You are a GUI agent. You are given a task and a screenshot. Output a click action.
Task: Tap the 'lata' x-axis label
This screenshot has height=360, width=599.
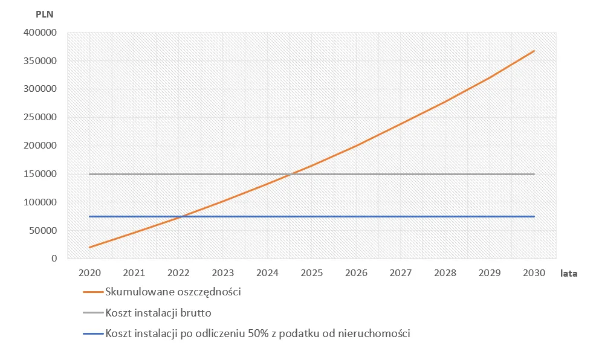[x=568, y=274]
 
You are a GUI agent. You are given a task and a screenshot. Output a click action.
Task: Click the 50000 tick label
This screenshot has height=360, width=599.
[x=43, y=230]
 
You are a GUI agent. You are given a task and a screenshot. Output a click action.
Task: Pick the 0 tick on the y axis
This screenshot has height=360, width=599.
[x=54, y=259]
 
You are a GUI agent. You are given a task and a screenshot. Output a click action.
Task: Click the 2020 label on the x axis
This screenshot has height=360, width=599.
[x=89, y=273]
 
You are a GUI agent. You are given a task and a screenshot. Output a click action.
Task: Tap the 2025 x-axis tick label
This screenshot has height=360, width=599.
[x=312, y=273]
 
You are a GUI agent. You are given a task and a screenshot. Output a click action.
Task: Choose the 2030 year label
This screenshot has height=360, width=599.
[x=534, y=273]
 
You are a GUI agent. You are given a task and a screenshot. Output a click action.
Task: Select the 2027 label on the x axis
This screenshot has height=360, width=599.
[x=401, y=273]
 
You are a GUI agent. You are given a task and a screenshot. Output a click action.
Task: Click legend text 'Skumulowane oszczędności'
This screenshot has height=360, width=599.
[x=173, y=292]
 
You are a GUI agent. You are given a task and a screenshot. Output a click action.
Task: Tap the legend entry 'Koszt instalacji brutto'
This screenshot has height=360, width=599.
[x=158, y=313]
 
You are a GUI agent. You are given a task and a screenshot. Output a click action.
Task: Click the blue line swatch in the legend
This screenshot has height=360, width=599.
[x=92, y=333]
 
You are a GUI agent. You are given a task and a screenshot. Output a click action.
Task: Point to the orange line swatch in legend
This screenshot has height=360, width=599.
[x=92, y=292]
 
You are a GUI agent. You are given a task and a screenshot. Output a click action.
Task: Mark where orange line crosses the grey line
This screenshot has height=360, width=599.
[x=291, y=174]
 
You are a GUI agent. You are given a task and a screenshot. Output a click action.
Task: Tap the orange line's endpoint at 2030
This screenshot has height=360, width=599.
[x=534, y=51]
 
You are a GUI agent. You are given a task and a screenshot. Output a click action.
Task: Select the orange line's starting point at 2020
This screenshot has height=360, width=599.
[x=89, y=247]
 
